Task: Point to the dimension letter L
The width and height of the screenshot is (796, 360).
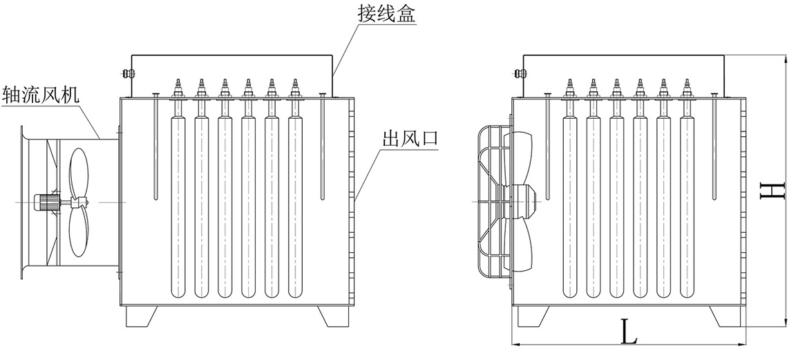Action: (627, 334)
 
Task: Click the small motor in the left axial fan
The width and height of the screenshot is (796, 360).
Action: (46, 202)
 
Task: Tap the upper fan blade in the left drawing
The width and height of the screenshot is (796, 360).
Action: (79, 173)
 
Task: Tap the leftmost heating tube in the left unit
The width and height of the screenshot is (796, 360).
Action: (178, 207)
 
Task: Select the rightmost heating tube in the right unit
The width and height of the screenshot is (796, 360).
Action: (687, 207)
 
